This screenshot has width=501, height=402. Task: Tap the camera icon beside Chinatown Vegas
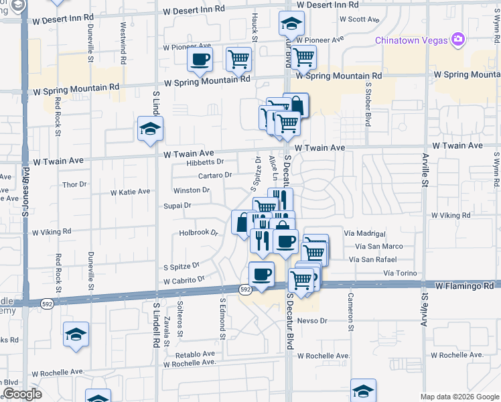(458, 40)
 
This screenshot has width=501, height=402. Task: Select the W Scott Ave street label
(360, 19)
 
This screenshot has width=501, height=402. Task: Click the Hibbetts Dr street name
(206, 161)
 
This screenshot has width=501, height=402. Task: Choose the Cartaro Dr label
(215, 175)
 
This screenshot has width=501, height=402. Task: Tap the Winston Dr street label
(192, 190)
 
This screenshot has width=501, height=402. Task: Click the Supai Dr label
(177, 206)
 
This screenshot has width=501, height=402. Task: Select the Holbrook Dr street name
(199, 233)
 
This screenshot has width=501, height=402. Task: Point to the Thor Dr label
(74, 184)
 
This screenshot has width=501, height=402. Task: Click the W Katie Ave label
(130, 192)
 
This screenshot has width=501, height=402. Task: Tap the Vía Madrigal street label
(364, 234)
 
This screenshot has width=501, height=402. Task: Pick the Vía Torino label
(400, 273)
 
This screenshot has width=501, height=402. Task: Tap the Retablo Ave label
(195, 354)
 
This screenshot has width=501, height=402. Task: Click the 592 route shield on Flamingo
(246, 289)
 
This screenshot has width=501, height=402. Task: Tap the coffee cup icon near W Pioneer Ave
(200, 60)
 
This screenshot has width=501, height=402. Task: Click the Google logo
(22, 394)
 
